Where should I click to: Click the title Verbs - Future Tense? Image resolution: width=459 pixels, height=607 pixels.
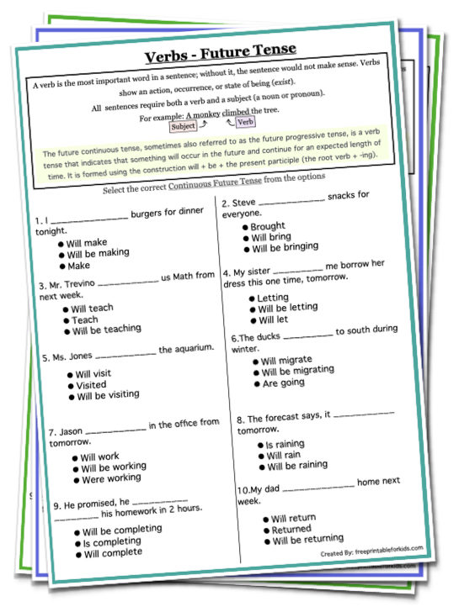coord(221,55)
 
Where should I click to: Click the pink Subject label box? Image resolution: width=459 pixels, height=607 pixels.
coord(183,127)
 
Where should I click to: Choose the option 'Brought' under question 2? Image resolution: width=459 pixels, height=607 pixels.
coord(269,226)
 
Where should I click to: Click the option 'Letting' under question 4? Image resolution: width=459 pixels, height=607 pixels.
coord(274,298)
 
